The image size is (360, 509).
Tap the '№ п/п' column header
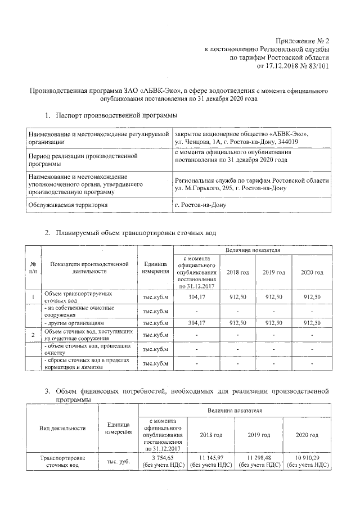tap(33, 268)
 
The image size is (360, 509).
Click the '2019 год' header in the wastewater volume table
tap(273, 272)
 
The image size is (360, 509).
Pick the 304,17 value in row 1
tap(196, 297)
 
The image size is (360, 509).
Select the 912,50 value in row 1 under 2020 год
tap(311, 297)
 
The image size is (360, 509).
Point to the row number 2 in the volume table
tap(33, 336)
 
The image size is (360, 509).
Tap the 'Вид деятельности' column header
tap(62, 428)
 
